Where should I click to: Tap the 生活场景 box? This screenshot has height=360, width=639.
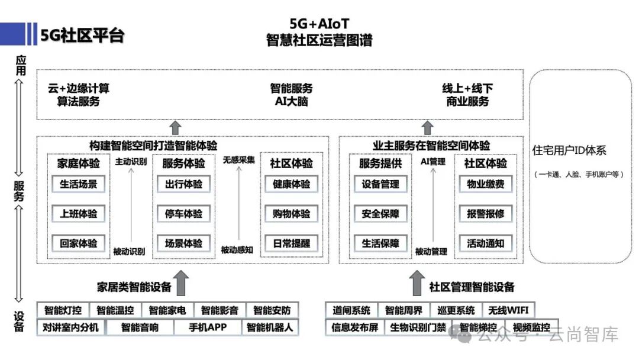click(79, 184)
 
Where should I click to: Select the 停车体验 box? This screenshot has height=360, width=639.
click(183, 214)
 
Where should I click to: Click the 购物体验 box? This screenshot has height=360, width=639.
click(291, 214)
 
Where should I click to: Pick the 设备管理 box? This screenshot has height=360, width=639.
click(380, 184)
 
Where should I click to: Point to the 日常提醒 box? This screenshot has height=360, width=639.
click(291, 243)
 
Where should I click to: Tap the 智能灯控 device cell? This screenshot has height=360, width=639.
click(63, 310)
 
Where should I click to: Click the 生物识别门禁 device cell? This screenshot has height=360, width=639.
click(418, 327)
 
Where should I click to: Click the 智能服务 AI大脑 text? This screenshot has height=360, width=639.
click(292, 95)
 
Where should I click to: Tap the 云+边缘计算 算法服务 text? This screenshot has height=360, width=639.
click(79, 95)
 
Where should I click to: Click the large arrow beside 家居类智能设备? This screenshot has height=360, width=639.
click(182, 283)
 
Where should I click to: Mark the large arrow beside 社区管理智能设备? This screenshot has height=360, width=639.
click(418, 283)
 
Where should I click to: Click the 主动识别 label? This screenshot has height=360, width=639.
click(130, 161)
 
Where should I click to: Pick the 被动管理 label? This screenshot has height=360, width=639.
click(431, 252)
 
